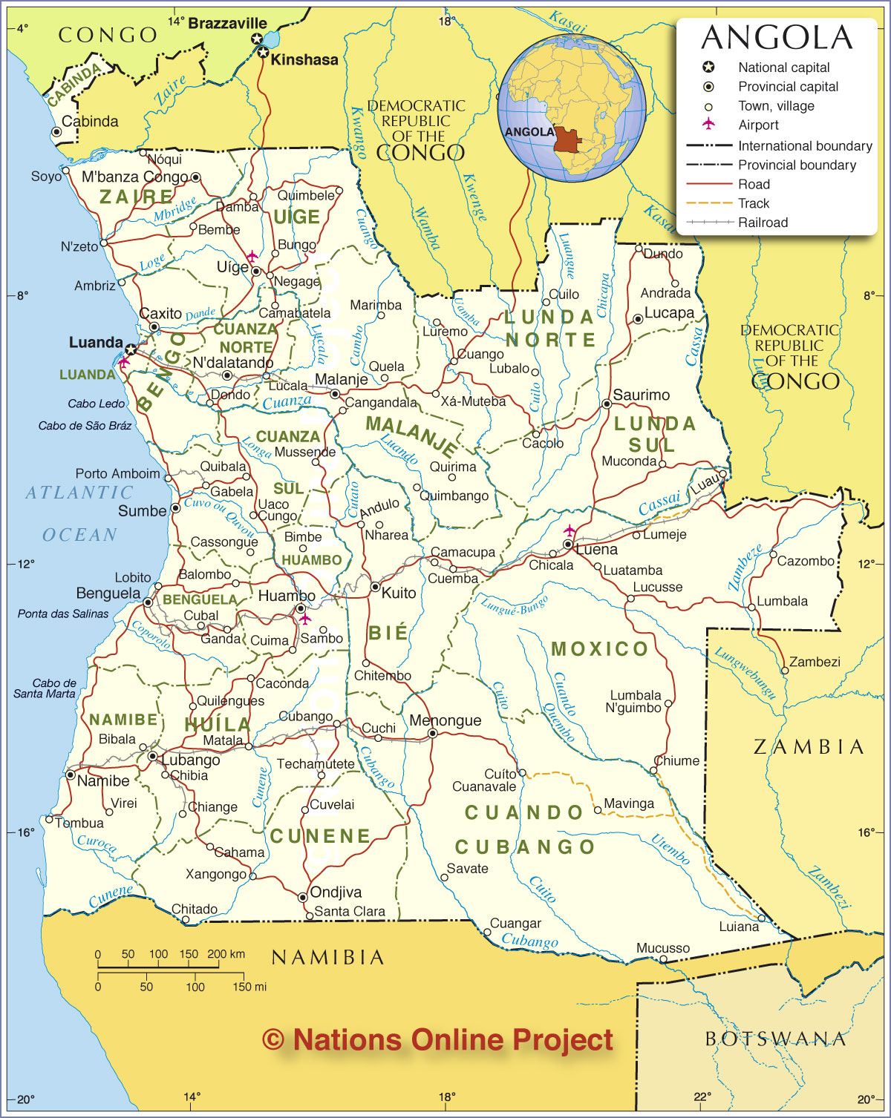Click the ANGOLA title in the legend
[777, 38]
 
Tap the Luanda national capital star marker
[131, 349]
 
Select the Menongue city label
[445, 720]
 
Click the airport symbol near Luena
[569, 530]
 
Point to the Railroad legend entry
[763, 223]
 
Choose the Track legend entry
[754, 203]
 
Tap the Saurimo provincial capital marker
[607, 404]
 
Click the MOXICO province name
[600, 649]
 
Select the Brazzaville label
[226, 23]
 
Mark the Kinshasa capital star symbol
[263, 53]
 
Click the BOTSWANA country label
[775, 1039]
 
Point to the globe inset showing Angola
[571, 108]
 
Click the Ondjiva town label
[336, 892]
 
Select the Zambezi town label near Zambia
[815, 662]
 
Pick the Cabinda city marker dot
[56, 132]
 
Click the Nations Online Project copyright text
[438, 1040]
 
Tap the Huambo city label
[286, 596]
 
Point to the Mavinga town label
[629, 803]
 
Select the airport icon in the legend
[709, 123]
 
